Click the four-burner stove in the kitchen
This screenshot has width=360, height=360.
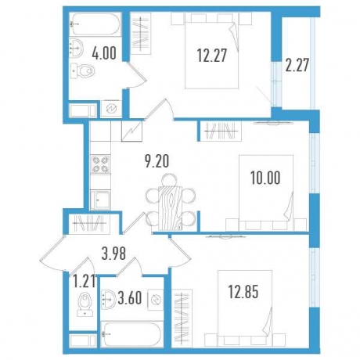tap(101, 164)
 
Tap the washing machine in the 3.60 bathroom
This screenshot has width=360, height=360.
tap(154, 297)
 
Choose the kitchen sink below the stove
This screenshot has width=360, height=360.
tap(101, 200)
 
